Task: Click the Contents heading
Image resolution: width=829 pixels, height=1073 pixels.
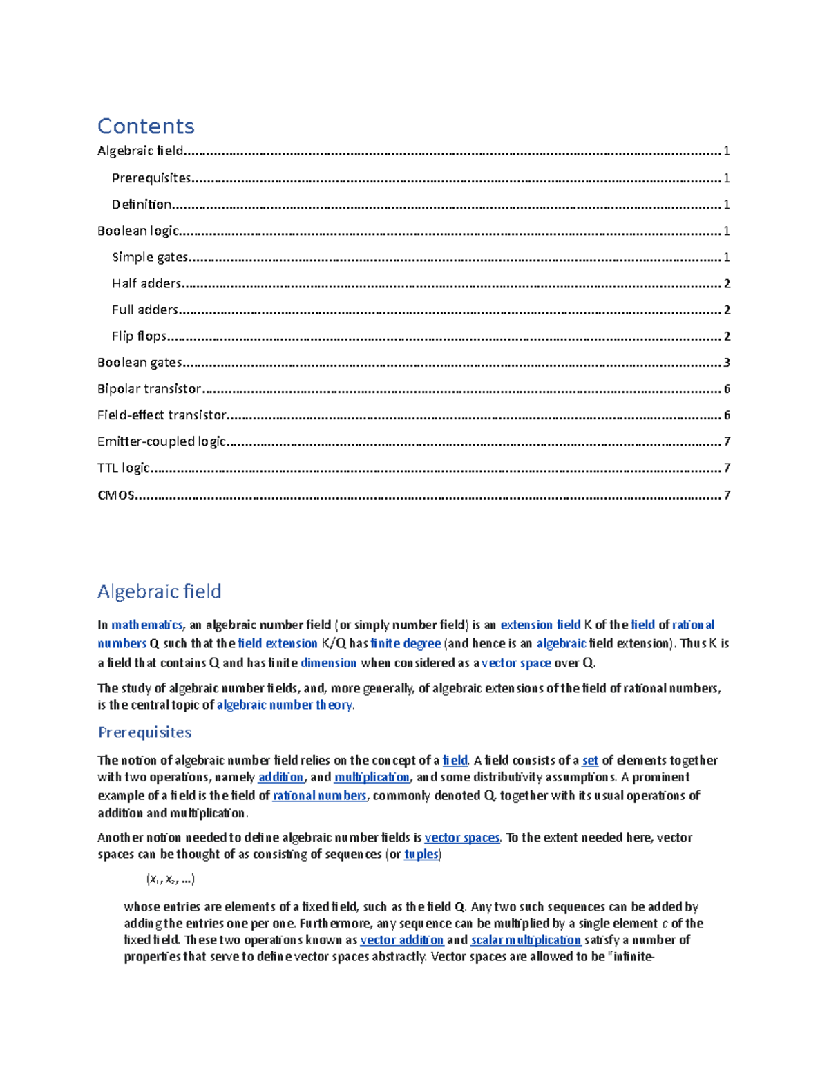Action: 146,126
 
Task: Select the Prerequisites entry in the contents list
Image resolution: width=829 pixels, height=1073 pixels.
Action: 151,178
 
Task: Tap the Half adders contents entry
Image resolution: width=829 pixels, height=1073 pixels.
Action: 146,283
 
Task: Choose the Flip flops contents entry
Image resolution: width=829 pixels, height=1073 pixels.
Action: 139,336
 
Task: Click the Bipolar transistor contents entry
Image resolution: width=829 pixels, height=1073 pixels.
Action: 149,389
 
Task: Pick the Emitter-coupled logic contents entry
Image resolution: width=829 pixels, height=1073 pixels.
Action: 162,441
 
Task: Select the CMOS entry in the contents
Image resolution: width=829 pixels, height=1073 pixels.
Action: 116,495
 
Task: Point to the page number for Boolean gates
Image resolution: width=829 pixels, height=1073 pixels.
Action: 726,363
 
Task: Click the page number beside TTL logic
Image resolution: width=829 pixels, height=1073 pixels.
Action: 726,468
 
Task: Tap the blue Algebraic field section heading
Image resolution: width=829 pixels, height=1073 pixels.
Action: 159,591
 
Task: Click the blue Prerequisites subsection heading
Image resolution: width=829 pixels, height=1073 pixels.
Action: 144,732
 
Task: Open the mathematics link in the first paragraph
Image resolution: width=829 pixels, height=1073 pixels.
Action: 146,625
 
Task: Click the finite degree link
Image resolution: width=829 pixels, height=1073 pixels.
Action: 406,644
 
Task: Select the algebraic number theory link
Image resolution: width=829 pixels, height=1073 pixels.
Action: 285,705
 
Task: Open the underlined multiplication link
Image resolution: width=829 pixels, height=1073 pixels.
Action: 372,777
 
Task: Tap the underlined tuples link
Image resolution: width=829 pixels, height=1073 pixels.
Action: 421,855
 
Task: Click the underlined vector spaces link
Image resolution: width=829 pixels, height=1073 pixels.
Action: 461,838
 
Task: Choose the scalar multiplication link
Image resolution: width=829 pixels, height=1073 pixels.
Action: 526,940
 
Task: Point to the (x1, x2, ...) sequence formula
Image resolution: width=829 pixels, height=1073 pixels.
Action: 170,880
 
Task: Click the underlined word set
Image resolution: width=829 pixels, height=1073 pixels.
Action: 590,761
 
